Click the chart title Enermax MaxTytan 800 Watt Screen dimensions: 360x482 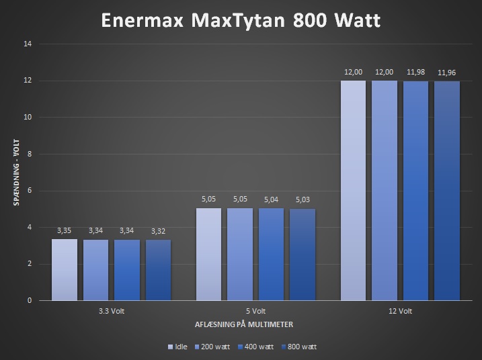241,20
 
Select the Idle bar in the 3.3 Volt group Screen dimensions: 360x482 64,269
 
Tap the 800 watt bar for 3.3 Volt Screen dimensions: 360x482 158,270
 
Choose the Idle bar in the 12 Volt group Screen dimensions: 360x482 353,191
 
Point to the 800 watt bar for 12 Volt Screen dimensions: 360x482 447,191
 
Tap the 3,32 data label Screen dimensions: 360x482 158,231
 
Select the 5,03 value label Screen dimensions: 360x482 303,200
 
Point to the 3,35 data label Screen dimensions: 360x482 64,230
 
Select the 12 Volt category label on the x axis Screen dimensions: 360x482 400,312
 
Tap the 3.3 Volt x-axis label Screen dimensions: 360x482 111,312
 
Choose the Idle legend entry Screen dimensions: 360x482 177,347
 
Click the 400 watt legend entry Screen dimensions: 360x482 257,347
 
